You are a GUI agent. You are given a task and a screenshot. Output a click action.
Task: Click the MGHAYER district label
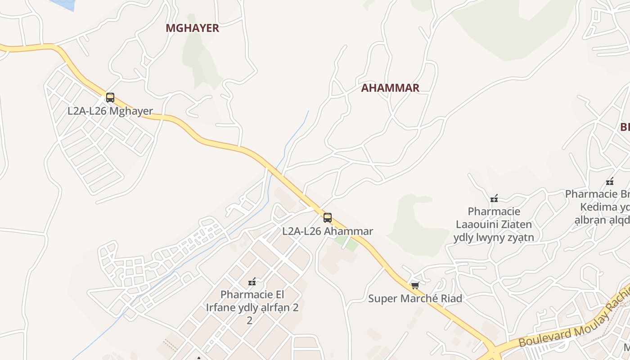pos(192,28)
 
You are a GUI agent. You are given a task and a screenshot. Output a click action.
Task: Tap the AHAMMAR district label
pos(390,88)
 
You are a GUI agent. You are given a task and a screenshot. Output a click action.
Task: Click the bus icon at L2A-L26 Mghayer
pos(110,98)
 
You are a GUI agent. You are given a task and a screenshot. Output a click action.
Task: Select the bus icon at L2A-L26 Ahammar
pos(328,218)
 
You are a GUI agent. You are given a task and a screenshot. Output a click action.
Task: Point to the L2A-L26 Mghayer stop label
pos(110,111)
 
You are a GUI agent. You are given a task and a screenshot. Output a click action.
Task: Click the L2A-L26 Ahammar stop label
pos(328,231)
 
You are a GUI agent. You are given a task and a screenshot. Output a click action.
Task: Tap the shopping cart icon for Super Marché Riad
pos(415,285)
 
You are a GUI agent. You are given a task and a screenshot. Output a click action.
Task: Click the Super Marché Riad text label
pos(415,298)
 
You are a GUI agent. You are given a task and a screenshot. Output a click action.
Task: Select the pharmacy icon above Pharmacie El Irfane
pos(252,282)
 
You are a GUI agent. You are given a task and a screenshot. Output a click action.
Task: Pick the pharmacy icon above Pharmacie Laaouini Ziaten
pos(494,198)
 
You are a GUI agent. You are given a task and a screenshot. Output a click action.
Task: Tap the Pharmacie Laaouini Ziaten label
pos(494,224)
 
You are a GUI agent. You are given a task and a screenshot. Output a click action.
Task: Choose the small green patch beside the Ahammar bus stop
pos(347,243)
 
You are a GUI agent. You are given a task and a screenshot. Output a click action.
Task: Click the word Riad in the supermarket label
pos(451,298)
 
